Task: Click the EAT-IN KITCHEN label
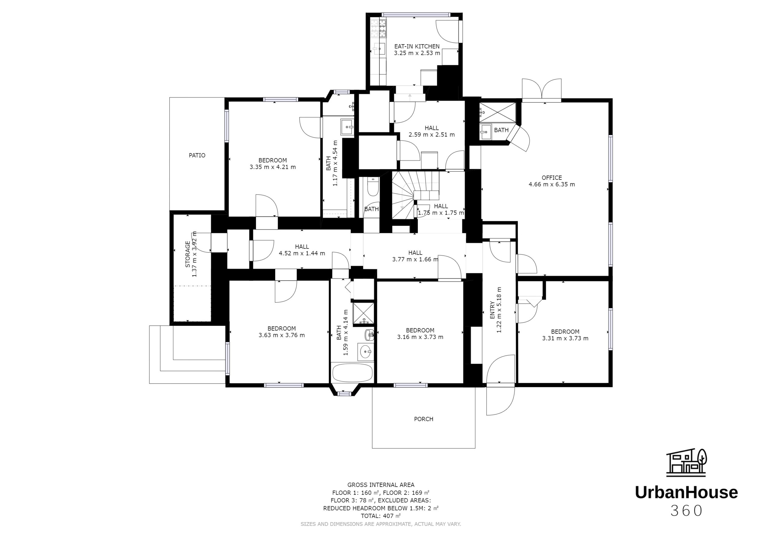417,46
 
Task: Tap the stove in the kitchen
379,29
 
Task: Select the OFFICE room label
552,177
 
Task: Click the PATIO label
197,155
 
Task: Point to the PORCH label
423,419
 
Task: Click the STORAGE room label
188,254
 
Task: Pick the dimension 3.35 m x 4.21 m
272,167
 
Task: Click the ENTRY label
492,310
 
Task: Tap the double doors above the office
542,89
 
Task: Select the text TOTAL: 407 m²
381,516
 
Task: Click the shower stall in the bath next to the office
497,112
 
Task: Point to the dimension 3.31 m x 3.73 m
565,338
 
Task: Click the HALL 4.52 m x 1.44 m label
302,250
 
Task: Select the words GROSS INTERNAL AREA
381,485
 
